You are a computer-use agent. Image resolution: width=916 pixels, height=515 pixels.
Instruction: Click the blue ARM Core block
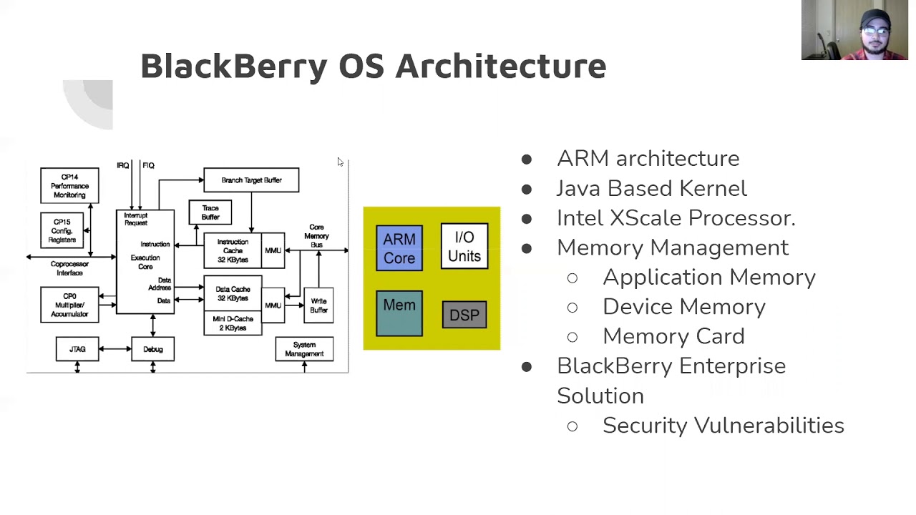399,248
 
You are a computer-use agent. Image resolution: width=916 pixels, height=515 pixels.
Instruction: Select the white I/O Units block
464,246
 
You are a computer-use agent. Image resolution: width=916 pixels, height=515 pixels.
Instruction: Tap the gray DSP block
464,315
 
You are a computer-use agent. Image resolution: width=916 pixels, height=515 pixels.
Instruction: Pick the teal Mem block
399,313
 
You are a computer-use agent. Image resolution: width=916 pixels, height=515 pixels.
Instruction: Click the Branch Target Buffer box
251,180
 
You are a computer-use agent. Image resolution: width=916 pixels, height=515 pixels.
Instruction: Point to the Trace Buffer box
210,212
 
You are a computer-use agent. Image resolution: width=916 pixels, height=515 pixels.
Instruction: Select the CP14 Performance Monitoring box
69,186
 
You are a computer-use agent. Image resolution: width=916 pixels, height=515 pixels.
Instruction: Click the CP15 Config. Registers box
62,231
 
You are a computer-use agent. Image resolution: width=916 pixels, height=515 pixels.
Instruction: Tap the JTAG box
77,349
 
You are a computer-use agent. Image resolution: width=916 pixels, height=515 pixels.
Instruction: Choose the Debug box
153,349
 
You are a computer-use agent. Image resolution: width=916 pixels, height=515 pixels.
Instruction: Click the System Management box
304,349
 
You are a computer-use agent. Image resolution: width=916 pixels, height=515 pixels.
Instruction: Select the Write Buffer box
318,305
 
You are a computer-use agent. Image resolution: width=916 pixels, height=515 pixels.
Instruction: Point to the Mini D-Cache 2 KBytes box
233,323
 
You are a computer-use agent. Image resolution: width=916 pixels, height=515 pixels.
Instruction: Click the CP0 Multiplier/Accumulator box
69,305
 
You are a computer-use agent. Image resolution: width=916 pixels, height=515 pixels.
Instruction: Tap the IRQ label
123,165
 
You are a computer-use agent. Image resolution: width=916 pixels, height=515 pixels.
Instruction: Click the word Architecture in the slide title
501,66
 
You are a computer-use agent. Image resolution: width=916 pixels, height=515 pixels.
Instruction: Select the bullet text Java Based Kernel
651,188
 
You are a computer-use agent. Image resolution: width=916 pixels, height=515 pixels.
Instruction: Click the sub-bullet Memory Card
673,336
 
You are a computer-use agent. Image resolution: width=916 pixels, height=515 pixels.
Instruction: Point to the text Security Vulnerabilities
723,425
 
